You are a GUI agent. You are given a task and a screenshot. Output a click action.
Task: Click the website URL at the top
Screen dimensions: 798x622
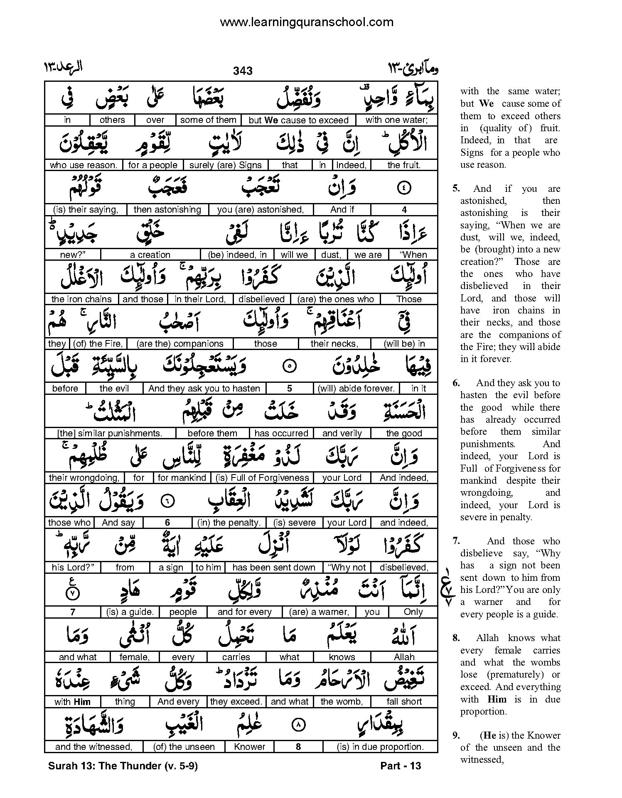point(306,22)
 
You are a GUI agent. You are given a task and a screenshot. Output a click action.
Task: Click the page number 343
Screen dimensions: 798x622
point(243,71)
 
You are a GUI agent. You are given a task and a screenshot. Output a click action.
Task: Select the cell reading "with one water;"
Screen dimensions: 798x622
point(396,120)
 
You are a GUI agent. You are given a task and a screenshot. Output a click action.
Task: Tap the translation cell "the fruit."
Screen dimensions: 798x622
point(404,165)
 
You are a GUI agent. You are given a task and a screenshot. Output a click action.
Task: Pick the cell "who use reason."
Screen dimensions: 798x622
point(84,165)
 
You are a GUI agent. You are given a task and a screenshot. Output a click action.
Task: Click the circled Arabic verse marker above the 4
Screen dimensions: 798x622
point(404,188)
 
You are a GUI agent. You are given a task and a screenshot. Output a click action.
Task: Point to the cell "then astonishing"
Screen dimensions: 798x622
point(167,210)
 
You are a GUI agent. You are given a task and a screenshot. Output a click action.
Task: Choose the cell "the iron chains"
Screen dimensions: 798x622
point(81,299)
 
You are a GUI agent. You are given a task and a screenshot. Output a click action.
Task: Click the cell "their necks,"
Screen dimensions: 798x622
point(334,344)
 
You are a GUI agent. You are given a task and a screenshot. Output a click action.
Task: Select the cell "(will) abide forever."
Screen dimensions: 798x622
point(356,389)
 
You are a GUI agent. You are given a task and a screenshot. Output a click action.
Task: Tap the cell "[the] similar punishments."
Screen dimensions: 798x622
point(110,433)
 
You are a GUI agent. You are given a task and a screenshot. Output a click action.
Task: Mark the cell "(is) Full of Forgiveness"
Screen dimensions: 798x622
point(262,478)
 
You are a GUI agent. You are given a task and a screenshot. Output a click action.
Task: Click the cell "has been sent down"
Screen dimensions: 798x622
point(274,568)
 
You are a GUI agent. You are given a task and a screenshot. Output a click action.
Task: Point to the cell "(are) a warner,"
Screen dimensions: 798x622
point(319,612)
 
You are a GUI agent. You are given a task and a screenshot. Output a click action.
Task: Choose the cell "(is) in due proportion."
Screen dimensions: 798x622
point(380,747)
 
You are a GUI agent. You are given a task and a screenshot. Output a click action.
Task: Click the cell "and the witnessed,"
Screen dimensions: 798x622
point(93,747)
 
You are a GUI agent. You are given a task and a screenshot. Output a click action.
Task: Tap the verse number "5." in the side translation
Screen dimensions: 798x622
point(456,188)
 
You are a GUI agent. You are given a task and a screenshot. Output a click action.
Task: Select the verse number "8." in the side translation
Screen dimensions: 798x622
point(456,638)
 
